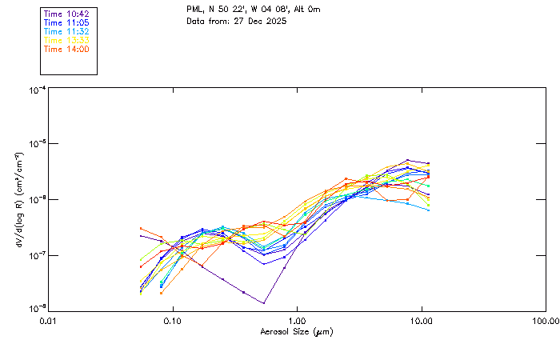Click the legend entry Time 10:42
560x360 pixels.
pos(66,14)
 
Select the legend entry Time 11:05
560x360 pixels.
pos(66,23)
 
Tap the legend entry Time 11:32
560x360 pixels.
pos(66,32)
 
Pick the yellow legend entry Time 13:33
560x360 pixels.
pos(66,40)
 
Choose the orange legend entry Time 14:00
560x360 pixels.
pos(66,49)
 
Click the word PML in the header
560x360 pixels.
pos(194,10)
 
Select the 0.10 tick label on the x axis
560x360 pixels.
pos(173,322)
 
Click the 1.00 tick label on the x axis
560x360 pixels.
pos(298,322)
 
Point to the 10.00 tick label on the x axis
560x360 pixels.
pos(422,322)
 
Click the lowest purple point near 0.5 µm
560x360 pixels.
pos(264,303)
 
